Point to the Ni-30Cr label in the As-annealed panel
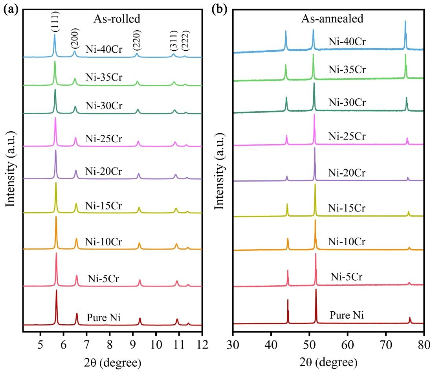click(347, 103)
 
